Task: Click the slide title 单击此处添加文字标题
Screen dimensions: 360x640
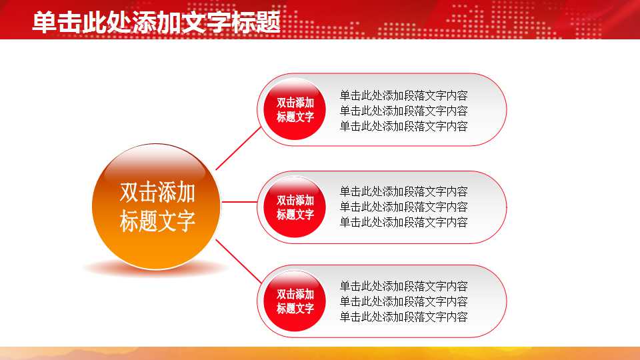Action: (156, 22)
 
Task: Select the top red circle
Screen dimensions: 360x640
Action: (295, 110)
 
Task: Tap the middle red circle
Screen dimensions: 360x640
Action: (295, 207)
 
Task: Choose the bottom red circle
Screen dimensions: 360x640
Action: (295, 301)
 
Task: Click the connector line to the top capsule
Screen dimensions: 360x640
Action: (238, 148)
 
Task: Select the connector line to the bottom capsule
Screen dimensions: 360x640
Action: (238, 261)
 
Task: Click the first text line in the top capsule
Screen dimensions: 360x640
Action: (403, 95)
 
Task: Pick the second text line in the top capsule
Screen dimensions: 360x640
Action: (403, 111)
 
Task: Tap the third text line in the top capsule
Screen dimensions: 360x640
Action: (403, 126)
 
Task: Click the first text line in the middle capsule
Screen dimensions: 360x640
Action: (403, 192)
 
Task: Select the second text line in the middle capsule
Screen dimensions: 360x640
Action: (403, 207)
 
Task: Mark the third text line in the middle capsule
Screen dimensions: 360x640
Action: (403, 222)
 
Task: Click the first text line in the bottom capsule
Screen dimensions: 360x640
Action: (403, 287)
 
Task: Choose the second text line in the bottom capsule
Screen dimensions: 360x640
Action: (403, 302)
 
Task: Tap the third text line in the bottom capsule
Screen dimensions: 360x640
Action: (403, 317)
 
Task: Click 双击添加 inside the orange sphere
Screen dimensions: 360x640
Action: (157, 193)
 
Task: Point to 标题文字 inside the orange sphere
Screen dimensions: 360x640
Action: (157, 221)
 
